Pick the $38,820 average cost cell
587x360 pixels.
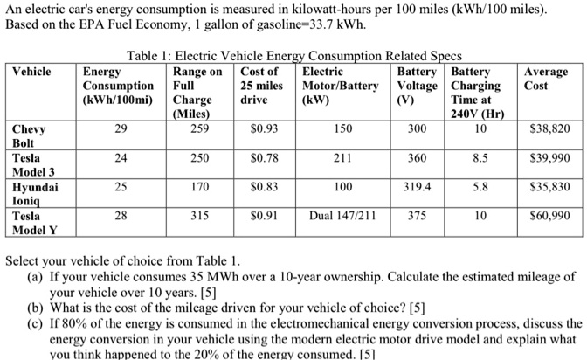(x=549, y=128)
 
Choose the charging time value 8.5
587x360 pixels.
(x=476, y=157)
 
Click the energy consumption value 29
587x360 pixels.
(x=119, y=128)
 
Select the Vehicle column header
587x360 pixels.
(x=32, y=72)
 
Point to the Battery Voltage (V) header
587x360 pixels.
(x=418, y=86)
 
